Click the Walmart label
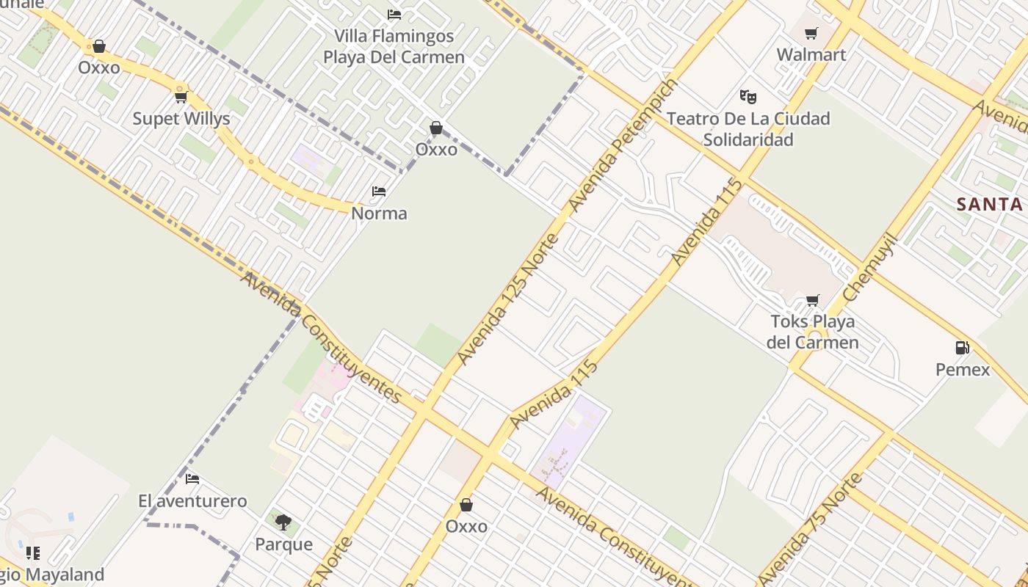(811, 55)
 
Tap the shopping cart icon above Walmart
(811, 33)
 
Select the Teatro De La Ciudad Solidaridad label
(748, 128)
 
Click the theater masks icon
(748, 96)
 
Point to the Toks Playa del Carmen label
(813, 332)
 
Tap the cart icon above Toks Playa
(812, 300)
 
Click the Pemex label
(962, 369)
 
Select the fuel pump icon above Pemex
(961, 347)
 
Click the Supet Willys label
(181, 119)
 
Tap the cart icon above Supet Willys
(181, 97)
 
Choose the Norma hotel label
(379, 214)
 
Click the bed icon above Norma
(379, 192)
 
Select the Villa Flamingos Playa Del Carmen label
(394, 46)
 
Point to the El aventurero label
(192, 501)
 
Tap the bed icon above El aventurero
(192, 479)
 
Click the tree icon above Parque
(283, 522)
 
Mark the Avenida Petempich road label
(623, 145)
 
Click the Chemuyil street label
(871, 267)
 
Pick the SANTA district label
(990, 204)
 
